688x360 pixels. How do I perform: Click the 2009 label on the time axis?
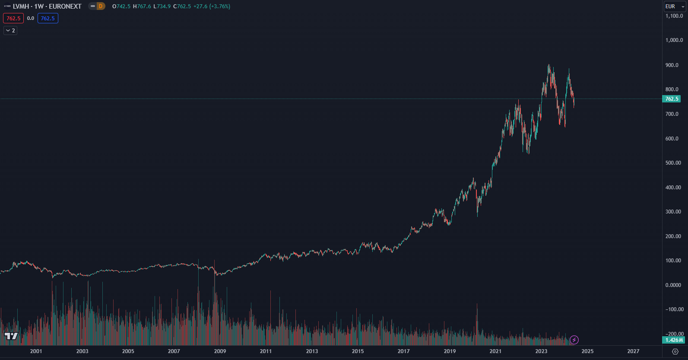tap(220, 351)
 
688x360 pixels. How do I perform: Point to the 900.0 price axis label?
tap(672, 65)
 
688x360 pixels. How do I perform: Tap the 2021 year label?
tap(495, 351)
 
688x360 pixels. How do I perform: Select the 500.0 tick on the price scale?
tap(673, 163)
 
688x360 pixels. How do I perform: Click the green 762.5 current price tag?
tap(672, 99)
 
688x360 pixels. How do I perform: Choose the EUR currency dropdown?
tap(675, 6)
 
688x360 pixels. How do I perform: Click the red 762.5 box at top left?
tap(13, 19)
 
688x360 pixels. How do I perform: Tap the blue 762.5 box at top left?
tap(48, 19)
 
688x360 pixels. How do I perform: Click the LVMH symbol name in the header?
tap(21, 6)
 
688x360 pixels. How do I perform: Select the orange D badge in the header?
tap(100, 6)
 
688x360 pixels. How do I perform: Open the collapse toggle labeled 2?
tap(10, 31)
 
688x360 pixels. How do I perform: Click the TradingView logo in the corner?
tap(11, 336)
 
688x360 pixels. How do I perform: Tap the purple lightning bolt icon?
tap(574, 340)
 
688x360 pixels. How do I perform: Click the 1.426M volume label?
tap(674, 340)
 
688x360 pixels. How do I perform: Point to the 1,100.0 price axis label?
tap(674, 16)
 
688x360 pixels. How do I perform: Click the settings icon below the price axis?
tap(675, 352)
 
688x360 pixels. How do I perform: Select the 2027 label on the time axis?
tap(633, 351)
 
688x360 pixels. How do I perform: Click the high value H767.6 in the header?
tap(142, 6)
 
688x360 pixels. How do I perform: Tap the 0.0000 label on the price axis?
tap(673, 285)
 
